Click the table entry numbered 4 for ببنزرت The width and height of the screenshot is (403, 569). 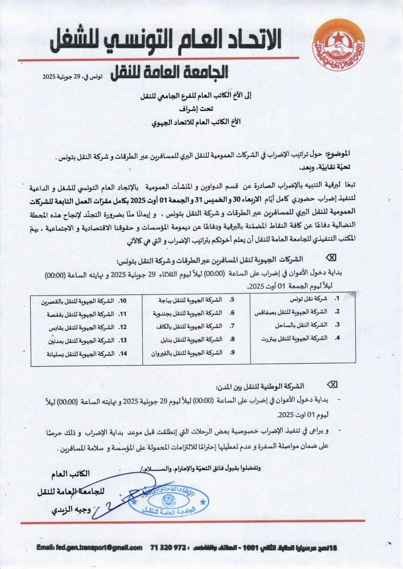[300, 337]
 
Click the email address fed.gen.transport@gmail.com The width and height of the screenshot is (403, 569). [89, 548]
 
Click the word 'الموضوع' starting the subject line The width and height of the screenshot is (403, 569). [334, 153]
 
